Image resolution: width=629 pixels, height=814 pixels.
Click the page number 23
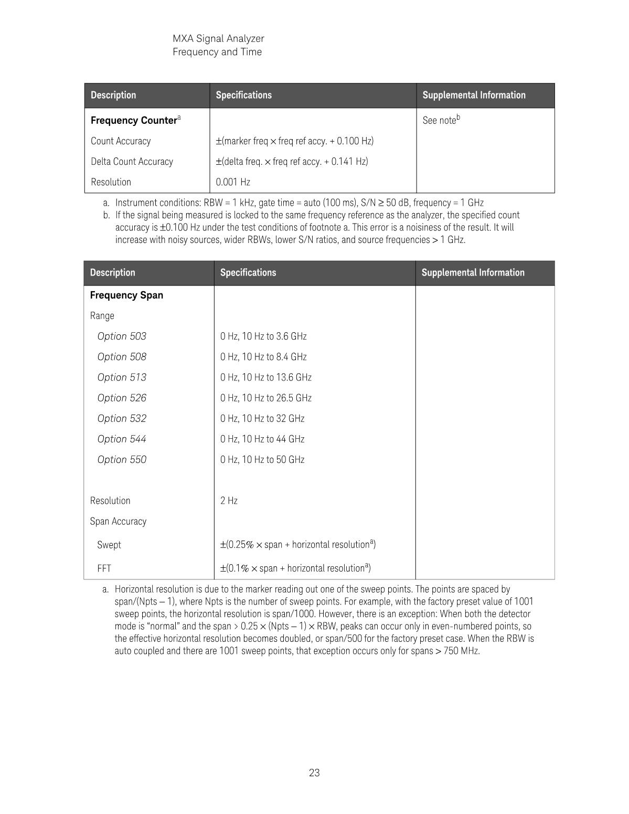[314, 773]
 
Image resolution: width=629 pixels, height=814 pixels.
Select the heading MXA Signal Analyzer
[218, 38]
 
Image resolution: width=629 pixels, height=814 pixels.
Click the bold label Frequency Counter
[133, 120]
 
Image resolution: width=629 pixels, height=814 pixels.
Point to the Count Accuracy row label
[121, 141]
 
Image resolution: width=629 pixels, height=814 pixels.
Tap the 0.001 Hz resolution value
[233, 182]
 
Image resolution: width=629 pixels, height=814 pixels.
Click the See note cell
[441, 120]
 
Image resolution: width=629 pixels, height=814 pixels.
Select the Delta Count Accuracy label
[132, 161]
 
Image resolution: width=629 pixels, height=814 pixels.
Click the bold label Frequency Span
[126, 295]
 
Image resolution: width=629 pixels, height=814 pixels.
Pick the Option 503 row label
[122, 336]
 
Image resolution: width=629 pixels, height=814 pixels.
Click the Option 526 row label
[122, 398]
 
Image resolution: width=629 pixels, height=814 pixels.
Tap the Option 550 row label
[122, 459]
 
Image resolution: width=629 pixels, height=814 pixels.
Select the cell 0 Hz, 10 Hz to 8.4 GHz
[263, 357]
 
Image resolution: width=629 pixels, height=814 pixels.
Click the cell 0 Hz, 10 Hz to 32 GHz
[262, 418]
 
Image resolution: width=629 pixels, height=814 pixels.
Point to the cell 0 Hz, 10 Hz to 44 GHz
[262, 439]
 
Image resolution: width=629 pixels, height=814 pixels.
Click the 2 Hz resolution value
[229, 501]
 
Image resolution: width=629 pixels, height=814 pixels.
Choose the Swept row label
[109, 545]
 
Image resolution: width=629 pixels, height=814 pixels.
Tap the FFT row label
[104, 568]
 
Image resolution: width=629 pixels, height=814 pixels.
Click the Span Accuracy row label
[118, 521]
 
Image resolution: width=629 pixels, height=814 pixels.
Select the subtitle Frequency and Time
[217, 52]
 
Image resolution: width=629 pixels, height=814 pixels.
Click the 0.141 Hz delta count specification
[292, 161]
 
